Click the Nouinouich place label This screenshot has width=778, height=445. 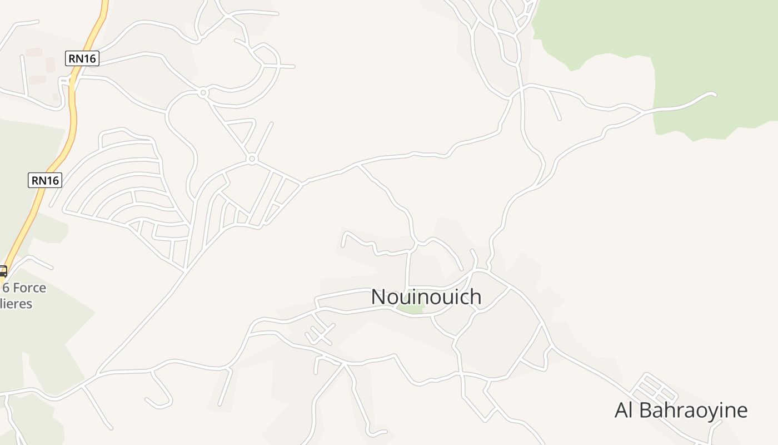426,296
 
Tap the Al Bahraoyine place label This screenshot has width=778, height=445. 681,411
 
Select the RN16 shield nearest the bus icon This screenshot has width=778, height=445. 44,180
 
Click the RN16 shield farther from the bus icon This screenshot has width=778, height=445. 82,58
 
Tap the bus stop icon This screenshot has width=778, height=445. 2,271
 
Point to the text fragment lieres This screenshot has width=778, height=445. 17,304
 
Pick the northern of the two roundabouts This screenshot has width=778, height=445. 203,93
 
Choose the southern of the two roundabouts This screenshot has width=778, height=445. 252,160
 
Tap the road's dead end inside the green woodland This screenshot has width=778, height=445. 714,95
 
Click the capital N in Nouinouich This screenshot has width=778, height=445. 378,297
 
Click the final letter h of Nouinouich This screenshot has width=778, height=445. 475,296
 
